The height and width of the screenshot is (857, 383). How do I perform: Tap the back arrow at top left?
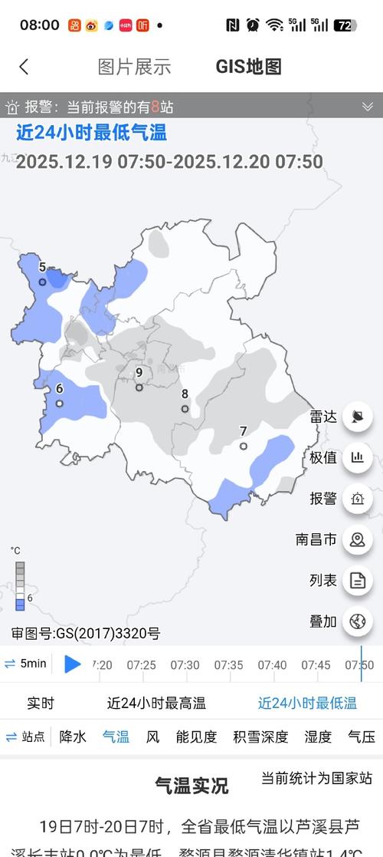pyautogui.click(x=24, y=67)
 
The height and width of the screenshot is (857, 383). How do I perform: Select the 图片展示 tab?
pyautogui.click(x=134, y=67)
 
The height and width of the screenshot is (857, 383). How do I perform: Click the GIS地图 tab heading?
pyautogui.click(x=249, y=67)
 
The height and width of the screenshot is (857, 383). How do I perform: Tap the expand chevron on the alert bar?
pyautogui.click(x=367, y=107)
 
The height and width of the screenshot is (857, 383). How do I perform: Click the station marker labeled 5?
pyautogui.click(x=43, y=282)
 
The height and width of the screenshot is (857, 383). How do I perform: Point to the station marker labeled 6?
pyautogui.click(x=59, y=404)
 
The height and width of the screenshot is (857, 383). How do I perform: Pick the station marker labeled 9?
pyautogui.click(x=139, y=387)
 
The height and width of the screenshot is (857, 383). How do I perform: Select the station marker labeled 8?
pyautogui.click(x=185, y=409)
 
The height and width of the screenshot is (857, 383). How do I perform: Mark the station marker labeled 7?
pyautogui.click(x=244, y=446)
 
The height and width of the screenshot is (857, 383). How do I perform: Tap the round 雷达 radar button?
pyautogui.click(x=357, y=417)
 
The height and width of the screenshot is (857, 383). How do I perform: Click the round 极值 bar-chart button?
pyautogui.click(x=357, y=458)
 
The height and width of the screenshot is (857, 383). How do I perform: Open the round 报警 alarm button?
pyautogui.click(x=357, y=499)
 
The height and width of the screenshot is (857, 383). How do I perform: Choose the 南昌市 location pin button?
pyautogui.click(x=357, y=539)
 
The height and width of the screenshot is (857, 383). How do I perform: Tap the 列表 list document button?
pyautogui.click(x=357, y=580)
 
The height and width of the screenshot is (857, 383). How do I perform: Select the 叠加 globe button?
pyautogui.click(x=357, y=621)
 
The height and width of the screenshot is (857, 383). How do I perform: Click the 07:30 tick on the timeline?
pyautogui.click(x=185, y=665)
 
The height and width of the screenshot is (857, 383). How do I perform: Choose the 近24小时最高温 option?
pyautogui.click(x=156, y=703)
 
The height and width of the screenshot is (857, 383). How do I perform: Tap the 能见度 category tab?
pyautogui.click(x=196, y=737)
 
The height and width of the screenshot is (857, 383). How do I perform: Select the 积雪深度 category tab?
pyautogui.click(x=260, y=737)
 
